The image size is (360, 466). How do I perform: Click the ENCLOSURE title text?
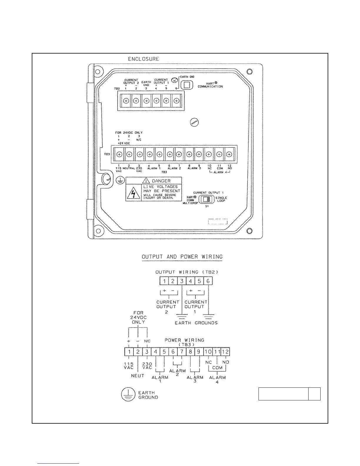pos(143,59)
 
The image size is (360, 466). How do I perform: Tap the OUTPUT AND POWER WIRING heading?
pos(182,257)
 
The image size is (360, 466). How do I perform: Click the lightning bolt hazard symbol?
pos(134,194)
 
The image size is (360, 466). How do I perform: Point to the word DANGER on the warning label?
pos(161,181)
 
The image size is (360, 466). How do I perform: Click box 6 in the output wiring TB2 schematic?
pos(208,281)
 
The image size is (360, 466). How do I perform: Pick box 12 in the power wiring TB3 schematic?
pos(225,352)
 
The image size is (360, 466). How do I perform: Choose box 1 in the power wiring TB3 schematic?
pos(129,352)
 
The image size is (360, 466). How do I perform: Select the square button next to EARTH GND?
pos(186,85)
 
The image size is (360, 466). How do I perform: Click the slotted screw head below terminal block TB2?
pos(194,123)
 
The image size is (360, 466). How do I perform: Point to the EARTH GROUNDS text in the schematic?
pos(196,323)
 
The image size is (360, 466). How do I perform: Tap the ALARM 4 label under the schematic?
pos(217,380)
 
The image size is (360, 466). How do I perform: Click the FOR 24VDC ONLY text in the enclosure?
pos(129,133)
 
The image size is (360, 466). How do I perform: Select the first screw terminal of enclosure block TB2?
pos(126,101)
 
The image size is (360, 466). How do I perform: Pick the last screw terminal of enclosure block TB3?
pos(229,154)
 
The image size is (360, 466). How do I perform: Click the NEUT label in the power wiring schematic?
pos(138,376)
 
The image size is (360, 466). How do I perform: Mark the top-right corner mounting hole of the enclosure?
pos(249,71)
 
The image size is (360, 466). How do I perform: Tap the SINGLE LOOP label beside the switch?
pos(221,199)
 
